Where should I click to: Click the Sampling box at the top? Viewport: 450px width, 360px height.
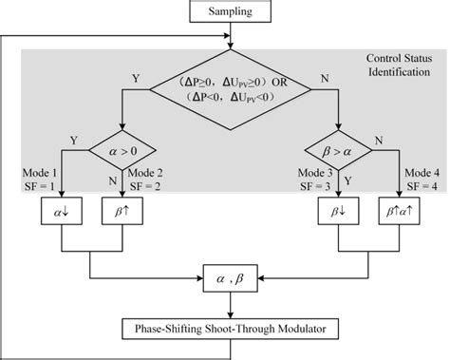click(231, 12)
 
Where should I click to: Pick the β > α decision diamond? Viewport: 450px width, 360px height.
click(338, 150)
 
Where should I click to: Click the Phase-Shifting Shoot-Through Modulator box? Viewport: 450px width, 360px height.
click(230, 331)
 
